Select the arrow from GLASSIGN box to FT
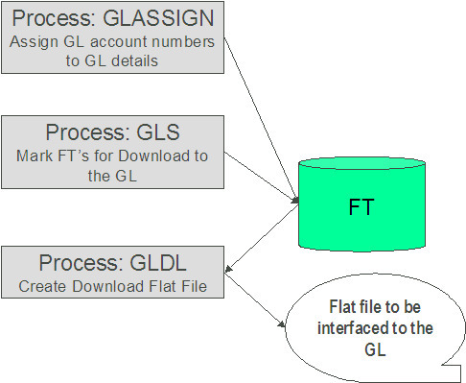click(258, 116)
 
